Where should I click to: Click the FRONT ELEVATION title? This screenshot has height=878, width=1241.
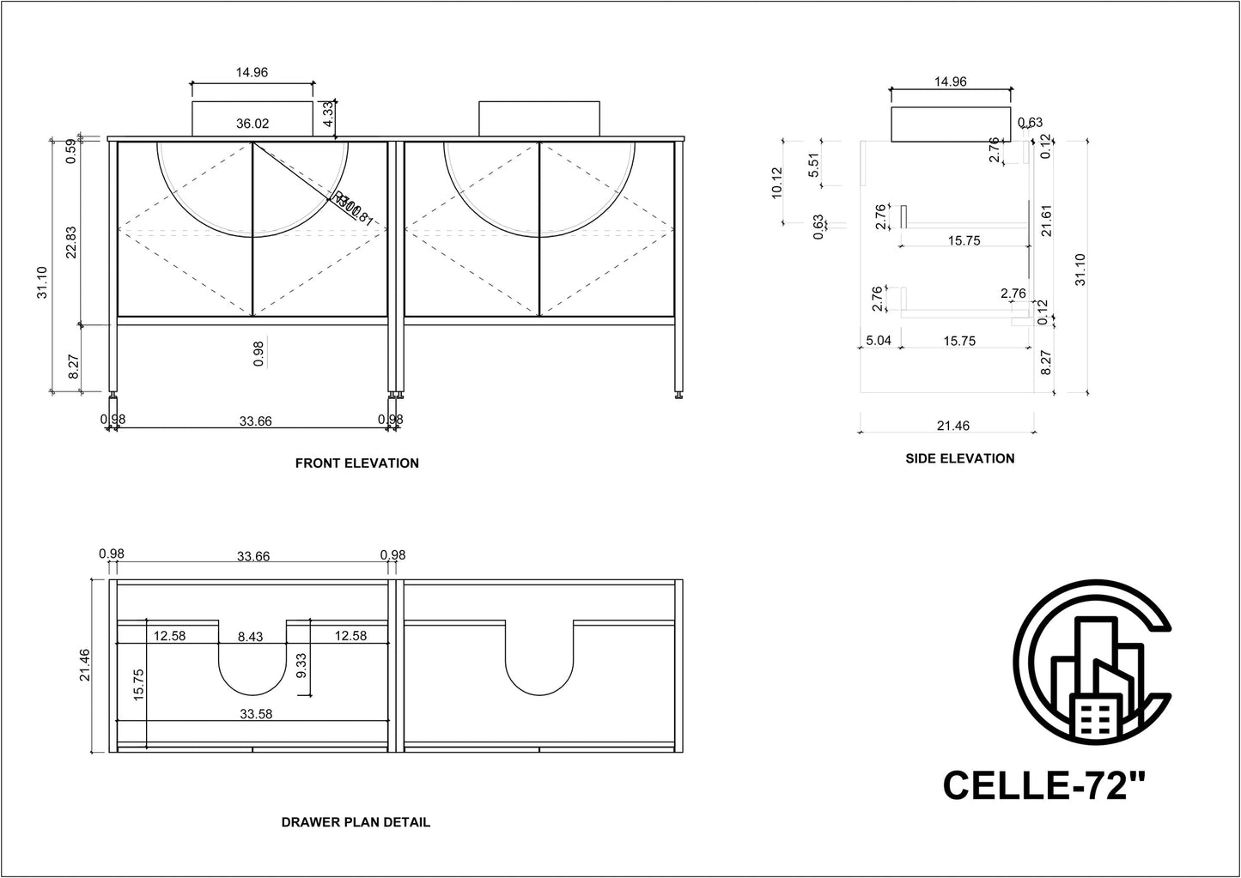pyautogui.click(x=356, y=463)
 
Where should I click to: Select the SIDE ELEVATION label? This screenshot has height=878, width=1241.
pyautogui.click(x=959, y=459)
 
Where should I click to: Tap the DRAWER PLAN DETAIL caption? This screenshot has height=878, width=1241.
pyautogui.click(x=356, y=822)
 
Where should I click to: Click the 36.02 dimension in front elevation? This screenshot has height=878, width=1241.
pyautogui.click(x=252, y=124)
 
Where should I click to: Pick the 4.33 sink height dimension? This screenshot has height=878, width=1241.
pyautogui.click(x=327, y=114)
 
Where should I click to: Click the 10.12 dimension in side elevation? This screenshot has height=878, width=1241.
pyautogui.click(x=777, y=182)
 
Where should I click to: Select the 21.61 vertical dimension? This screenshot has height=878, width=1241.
pyautogui.click(x=1044, y=222)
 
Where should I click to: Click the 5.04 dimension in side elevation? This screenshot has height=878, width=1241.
pyautogui.click(x=878, y=341)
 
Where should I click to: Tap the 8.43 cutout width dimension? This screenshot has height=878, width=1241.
pyautogui.click(x=251, y=636)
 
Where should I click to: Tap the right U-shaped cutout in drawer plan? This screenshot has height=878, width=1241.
pyautogui.click(x=538, y=661)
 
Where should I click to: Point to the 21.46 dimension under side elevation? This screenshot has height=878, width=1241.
pyautogui.click(x=953, y=426)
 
